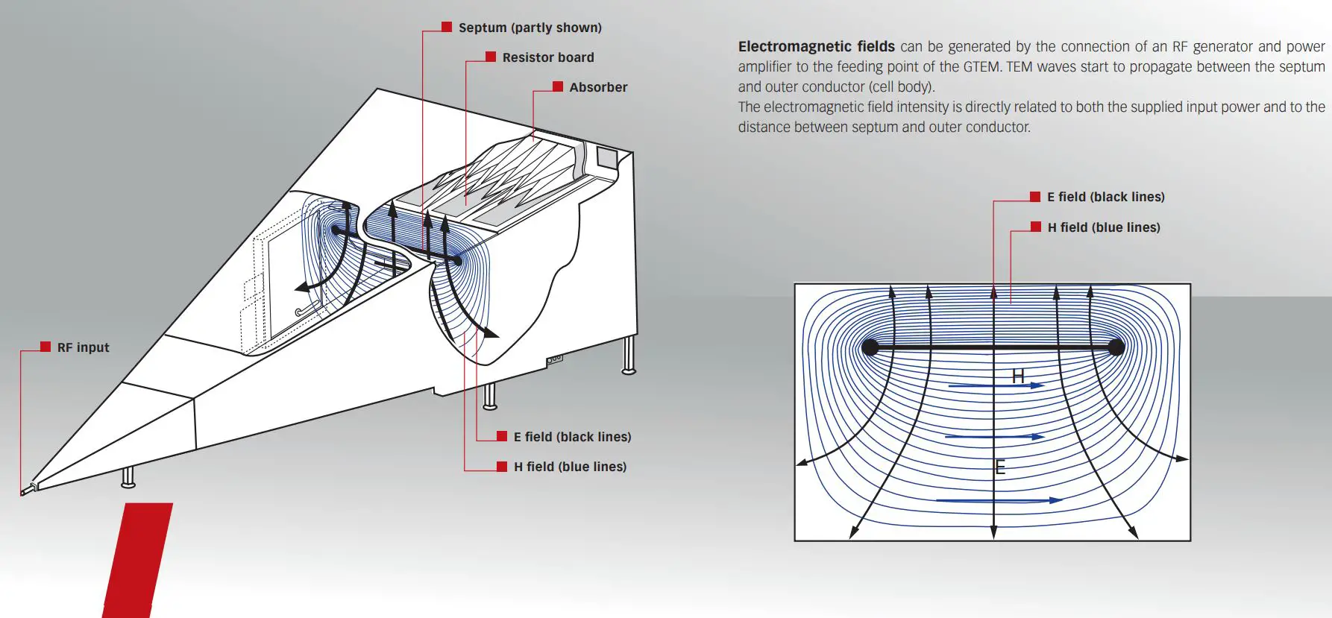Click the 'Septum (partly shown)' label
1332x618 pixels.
click(530, 28)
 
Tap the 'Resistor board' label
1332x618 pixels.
click(547, 57)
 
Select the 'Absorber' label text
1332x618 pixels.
click(598, 87)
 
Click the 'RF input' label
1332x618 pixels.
click(83, 347)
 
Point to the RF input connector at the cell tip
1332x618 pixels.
click(29, 489)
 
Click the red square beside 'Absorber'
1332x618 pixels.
click(558, 86)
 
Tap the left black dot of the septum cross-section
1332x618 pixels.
click(870, 347)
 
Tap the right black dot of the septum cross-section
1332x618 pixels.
click(1116, 347)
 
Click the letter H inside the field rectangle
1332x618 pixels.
click(1018, 376)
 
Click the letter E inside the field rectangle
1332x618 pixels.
click(1000, 468)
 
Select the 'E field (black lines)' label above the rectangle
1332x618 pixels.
click(1105, 197)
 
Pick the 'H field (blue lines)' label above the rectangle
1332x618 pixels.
click(1104, 227)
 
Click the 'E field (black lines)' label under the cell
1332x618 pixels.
click(572, 437)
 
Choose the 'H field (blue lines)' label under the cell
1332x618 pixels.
click(570, 467)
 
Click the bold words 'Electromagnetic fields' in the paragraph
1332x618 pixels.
click(816, 46)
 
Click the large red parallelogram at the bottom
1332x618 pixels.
click(138, 559)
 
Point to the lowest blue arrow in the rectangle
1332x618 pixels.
click(999, 500)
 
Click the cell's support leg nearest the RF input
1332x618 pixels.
click(128, 477)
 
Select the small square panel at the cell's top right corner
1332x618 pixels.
click(606, 157)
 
